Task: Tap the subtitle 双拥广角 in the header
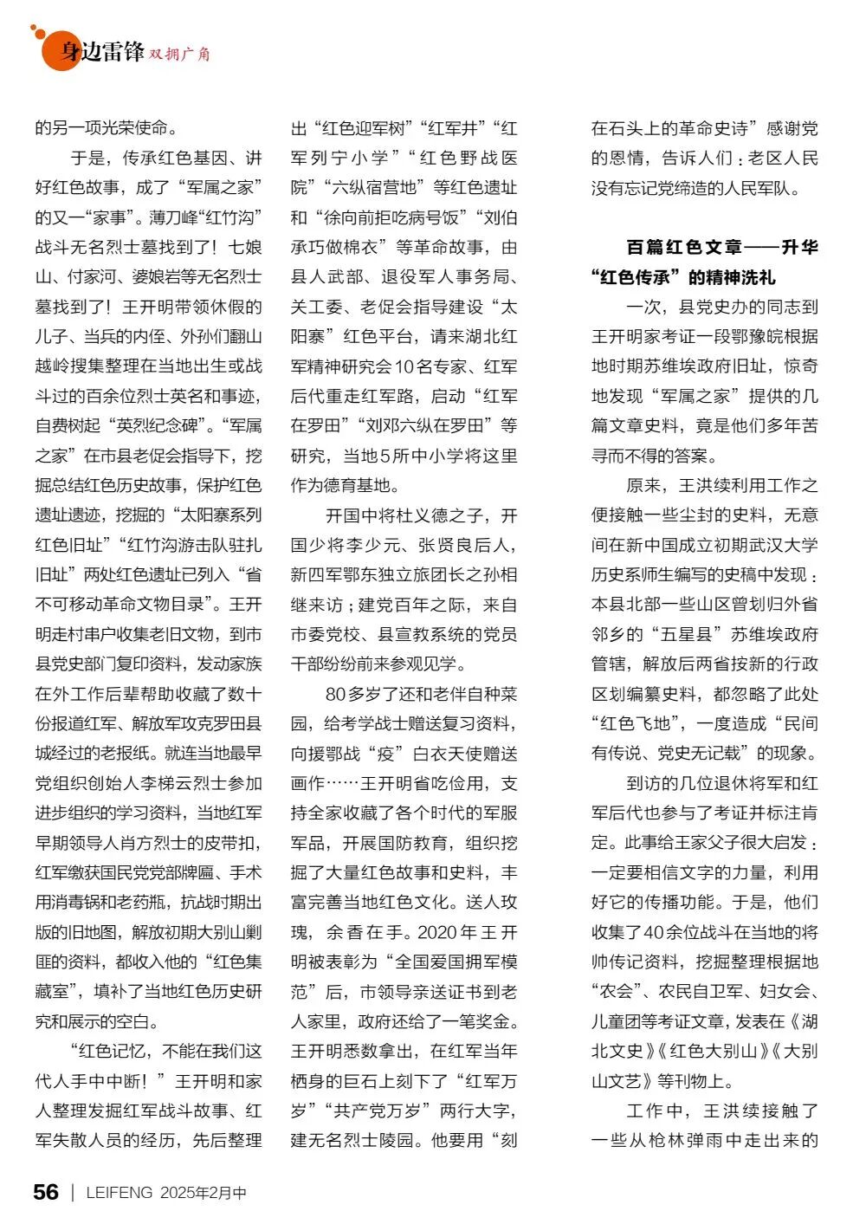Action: point(179,54)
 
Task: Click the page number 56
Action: point(46,1192)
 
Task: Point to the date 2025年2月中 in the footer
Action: point(203,1193)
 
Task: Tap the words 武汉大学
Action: point(783,545)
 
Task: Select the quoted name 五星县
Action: point(681,634)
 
